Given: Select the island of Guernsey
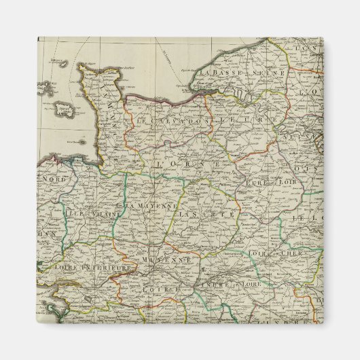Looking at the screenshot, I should pyautogui.click(x=47, y=88).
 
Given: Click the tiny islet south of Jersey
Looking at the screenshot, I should pyautogui.click(x=80, y=141).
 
